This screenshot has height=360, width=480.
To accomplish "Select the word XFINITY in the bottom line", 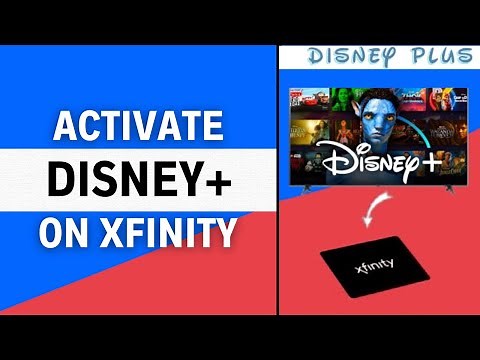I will point(169,234).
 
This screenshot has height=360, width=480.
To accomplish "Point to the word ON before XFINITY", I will point(65,234).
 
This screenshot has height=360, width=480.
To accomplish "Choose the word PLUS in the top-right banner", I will point(436,55).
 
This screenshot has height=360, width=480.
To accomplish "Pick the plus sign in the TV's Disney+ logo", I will point(432,155).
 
